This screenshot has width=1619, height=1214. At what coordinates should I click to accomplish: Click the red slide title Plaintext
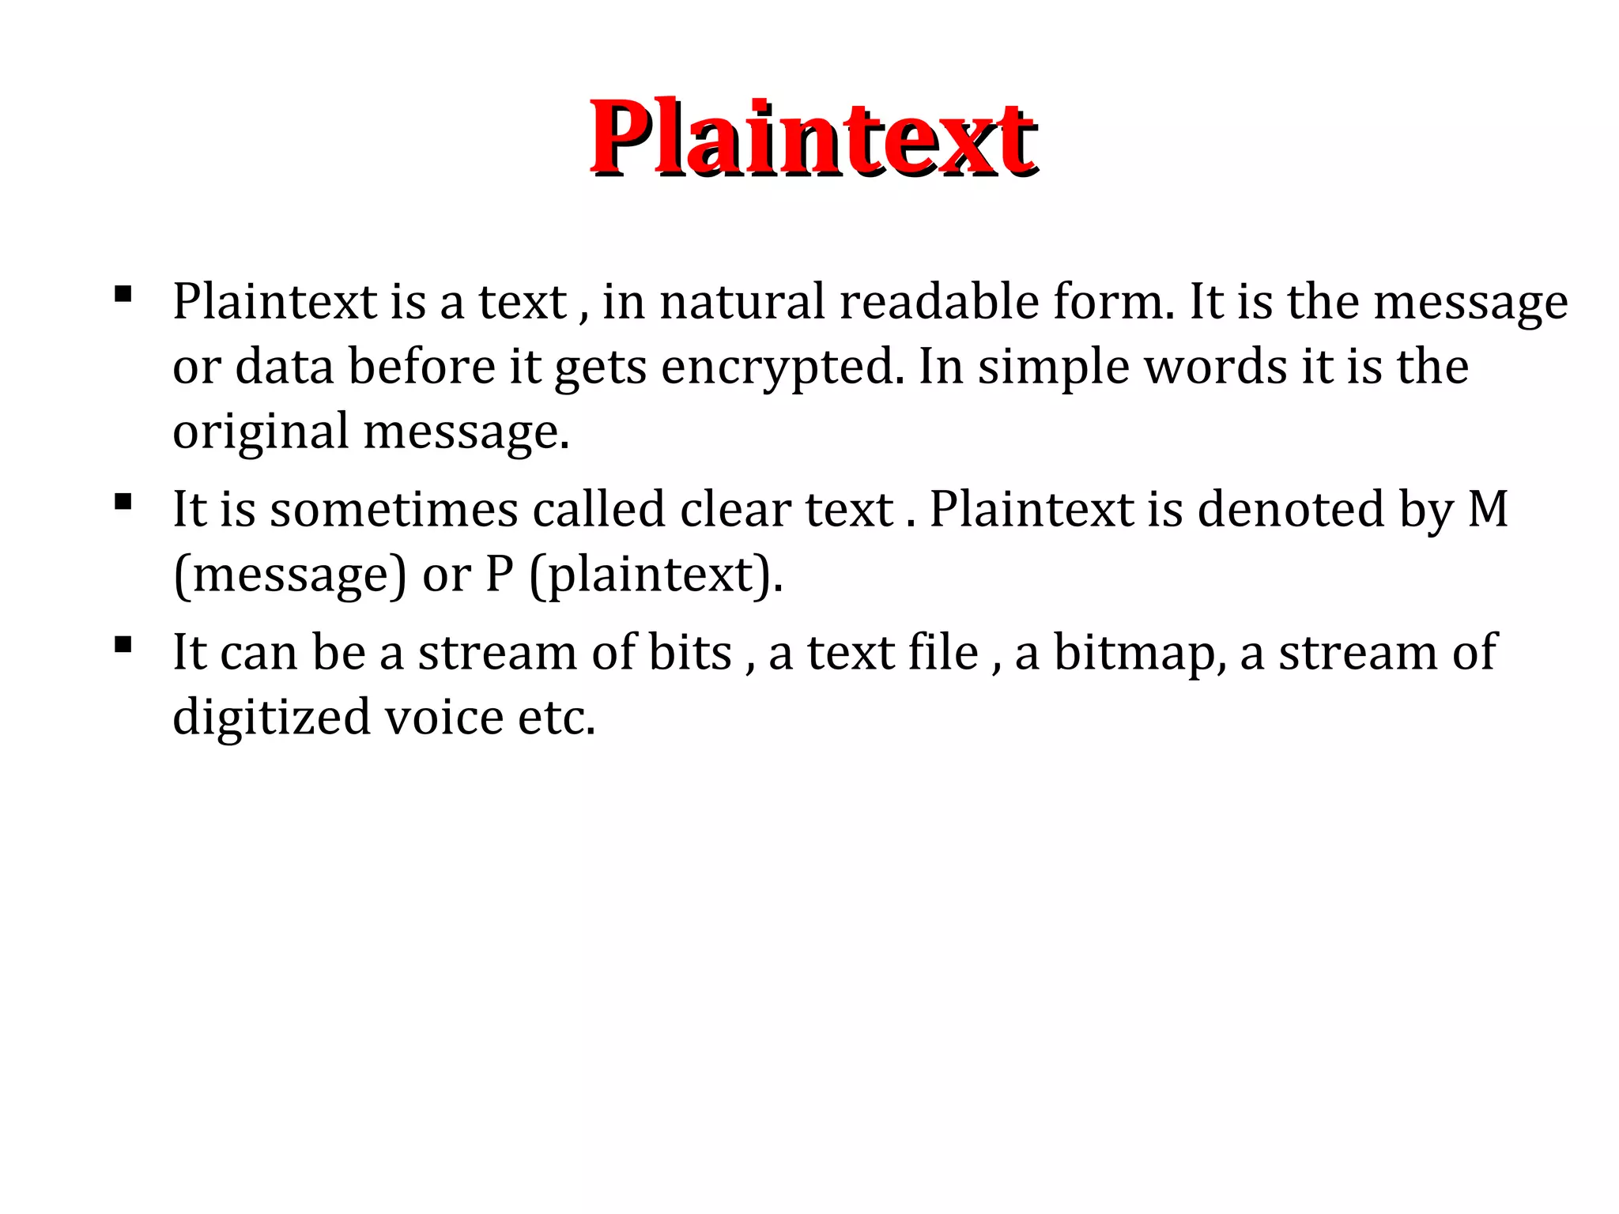pyautogui.click(x=813, y=138)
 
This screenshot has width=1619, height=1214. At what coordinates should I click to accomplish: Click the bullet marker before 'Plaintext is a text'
pyautogui.click(x=123, y=295)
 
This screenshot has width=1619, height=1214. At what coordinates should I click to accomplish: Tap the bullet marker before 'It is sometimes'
pyautogui.click(x=123, y=502)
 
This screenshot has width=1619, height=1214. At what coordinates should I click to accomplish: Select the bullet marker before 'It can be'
pyautogui.click(x=123, y=645)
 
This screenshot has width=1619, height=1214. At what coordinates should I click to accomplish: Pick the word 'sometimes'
pyautogui.click(x=394, y=509)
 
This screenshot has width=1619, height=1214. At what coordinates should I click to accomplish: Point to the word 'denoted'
pyautogui.click(x=1291, y=509)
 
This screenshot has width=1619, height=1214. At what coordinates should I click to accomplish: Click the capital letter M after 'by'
pyautogui.click(x=1488, y=509)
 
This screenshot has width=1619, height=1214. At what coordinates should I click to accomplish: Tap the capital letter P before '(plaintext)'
pyautogui.click(x=499, y=575)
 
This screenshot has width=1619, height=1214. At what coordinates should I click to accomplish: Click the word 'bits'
pyautogui.click(x=690, y=653)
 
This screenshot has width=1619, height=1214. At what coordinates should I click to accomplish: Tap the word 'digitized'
pyautogui.click(x=271, y=718)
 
